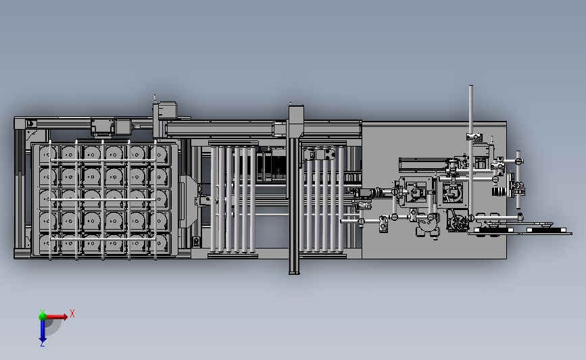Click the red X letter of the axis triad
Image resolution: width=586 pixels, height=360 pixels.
point(72,313)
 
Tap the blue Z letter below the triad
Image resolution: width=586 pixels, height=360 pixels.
point(43,344)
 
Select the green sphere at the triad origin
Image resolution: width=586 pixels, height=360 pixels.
point(43,315)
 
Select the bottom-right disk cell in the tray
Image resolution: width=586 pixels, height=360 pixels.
point(159,245)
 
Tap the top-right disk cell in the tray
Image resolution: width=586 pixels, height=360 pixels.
point(159,155)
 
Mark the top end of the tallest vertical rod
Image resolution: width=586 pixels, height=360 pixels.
point(470,88)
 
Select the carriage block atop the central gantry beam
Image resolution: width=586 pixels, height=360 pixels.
point(295,115)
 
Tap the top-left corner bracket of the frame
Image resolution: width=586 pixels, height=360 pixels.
point(28,124)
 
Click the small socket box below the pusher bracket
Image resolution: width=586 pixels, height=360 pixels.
point(197,241)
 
